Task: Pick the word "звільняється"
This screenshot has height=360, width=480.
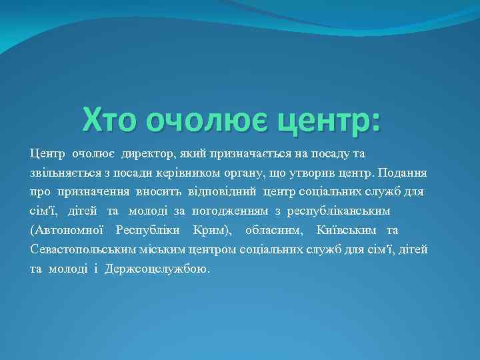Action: tap(62, 173)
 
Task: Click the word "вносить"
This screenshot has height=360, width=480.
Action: tap(157, 193)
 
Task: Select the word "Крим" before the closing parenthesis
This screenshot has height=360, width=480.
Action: tap(207, 231)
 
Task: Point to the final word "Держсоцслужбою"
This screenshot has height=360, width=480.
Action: tap(156, 269)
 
